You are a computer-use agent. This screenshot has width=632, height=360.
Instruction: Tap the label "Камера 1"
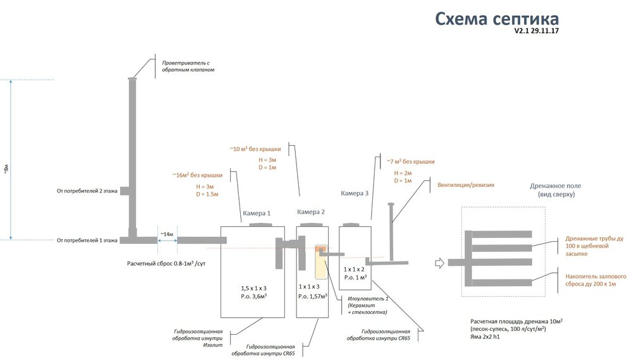257,213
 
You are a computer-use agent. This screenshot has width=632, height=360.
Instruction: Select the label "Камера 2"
311,212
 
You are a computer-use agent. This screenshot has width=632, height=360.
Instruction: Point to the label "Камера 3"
355,194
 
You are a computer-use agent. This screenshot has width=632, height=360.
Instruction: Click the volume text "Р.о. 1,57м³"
313,296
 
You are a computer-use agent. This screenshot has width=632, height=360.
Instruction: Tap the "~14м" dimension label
167,234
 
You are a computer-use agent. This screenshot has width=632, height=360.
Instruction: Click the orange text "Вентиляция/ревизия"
466,186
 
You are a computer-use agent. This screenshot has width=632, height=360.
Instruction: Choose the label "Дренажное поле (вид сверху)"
555,191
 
